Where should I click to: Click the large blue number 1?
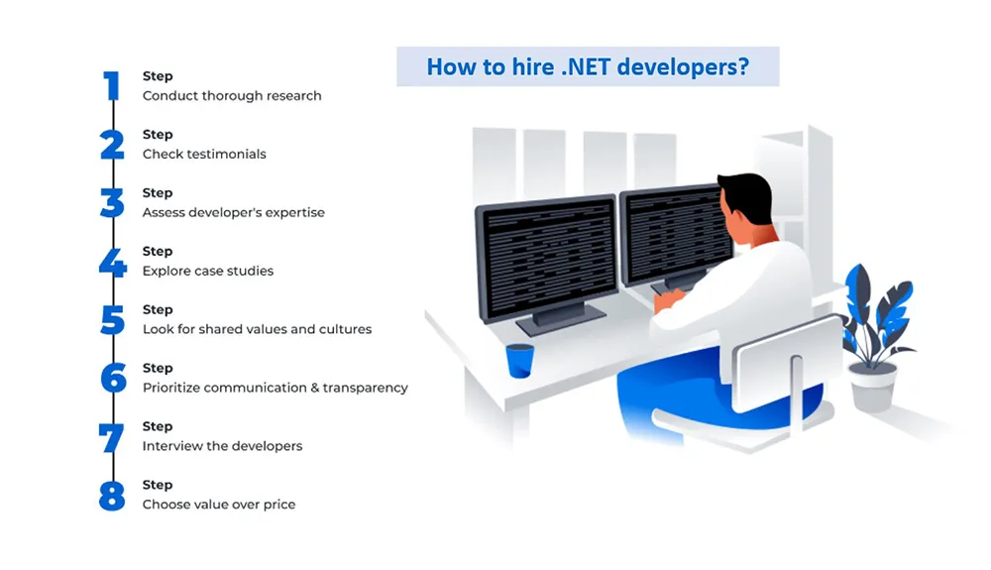coord(113,85)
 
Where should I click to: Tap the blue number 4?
coord(113,263)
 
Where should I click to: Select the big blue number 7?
coord(111,438)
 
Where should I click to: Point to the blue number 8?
coord(113,496)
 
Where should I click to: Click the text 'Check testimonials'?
coord(204,155)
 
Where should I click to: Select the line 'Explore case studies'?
coord(208,271)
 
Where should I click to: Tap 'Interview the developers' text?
coord(222,446)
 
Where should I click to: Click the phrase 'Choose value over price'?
coord(219,505)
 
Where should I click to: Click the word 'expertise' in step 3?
coord(294,213)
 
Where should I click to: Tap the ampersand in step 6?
coord(315,388)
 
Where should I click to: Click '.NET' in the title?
coord(586,66)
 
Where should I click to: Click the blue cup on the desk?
coord(519,361)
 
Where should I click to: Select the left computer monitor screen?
coord(548,258)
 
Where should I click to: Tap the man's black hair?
coord(749,196)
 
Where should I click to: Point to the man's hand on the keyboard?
coord(667,299)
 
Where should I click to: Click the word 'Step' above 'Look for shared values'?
coord(158,309)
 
